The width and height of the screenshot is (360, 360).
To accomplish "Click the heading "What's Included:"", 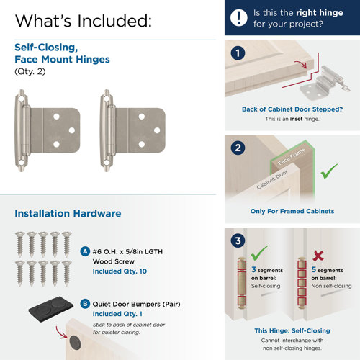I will coord(83,19).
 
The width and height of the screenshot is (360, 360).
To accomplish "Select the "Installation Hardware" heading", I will coord(68,214).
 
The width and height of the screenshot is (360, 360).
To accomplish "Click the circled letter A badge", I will coord(86,252).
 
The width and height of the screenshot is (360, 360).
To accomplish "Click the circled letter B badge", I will coord(86,304).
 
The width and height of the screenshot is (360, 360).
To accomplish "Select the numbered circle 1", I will coord(238,53).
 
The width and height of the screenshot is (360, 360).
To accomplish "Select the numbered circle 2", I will coord(238,150).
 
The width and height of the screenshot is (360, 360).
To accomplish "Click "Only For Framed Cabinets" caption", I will coord(292,211).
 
